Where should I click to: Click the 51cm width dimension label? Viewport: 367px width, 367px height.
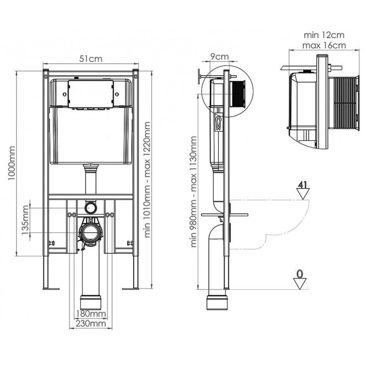[x=90, y=59]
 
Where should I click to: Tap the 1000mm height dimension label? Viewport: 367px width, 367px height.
[x=11, y=163]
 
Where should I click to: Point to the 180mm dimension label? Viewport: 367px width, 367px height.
[x=91, y=313]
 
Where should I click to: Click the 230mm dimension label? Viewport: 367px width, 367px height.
[x=91, y=323]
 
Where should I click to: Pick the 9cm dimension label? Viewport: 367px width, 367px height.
[x=219, y=56]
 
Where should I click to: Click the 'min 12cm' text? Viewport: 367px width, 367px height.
[x=324, y=35]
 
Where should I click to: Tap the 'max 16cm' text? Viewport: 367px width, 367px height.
[x=324, y=45]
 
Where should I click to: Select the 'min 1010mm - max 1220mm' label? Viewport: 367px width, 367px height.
[x=147, y=179]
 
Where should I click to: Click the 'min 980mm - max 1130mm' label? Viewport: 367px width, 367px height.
[x=194, y=192]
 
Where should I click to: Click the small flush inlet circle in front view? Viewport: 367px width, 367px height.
[x=90, y=207]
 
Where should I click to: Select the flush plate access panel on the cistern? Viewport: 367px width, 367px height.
[x=91, y=94]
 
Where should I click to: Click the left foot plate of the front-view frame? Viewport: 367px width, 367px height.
[x=51, y=289]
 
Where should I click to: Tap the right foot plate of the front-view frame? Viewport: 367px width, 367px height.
[x=131, y=289]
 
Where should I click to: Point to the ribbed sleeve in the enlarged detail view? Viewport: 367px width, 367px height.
[x=344, y=103]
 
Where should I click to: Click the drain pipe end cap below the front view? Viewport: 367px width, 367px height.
[x=91, y=303]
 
